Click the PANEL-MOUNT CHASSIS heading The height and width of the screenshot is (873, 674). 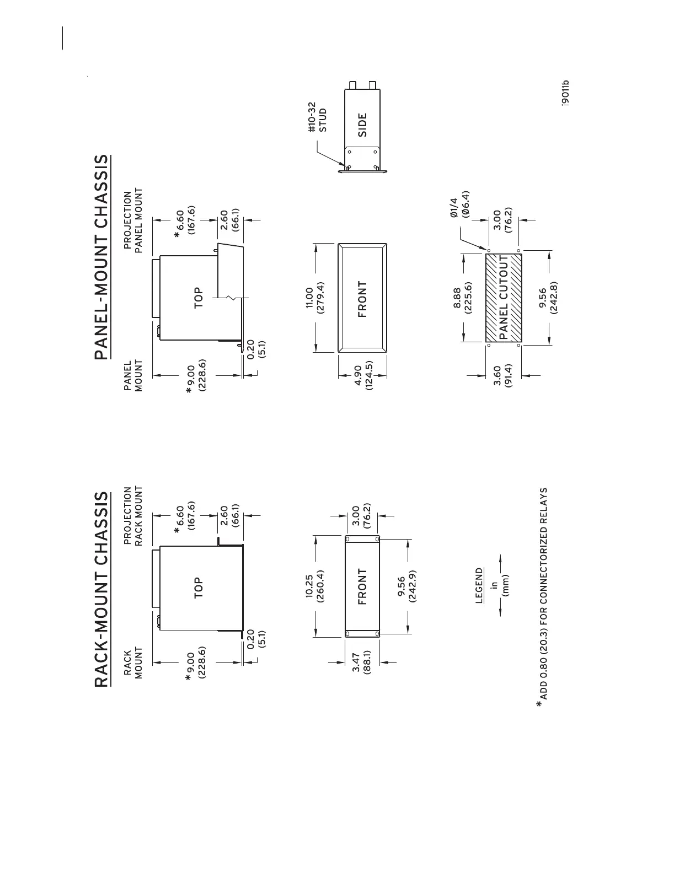click(103, 257)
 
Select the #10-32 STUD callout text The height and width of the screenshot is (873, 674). click(317, 116)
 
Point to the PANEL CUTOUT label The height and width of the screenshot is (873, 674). click(503, 297)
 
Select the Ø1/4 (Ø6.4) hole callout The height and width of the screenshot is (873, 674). click(459, 204)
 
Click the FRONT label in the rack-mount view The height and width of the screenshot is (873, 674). click(362, 588)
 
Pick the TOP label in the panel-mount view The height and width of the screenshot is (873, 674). click(199, 298)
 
